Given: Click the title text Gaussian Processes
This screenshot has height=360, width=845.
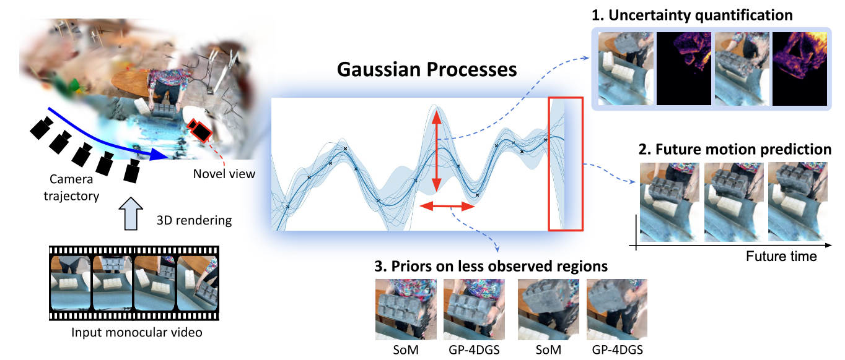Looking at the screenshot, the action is click(427, 70).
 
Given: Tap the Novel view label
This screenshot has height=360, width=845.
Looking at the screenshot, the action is click(224, 174).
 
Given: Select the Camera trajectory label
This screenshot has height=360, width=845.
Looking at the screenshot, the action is click(71, 187).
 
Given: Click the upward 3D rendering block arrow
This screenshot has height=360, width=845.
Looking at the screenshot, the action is click(131, 213).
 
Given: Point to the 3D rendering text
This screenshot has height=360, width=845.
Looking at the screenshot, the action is click(195, 220).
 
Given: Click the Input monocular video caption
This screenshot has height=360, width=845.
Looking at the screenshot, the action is click(136, 333).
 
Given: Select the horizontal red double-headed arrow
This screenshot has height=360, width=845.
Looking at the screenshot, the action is click(447, 206).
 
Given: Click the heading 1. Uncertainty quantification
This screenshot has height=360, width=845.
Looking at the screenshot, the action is click(692, 15).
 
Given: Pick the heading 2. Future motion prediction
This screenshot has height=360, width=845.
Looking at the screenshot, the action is click(735, 150).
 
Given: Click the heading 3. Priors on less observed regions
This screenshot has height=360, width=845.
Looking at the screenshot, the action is click(491, 266).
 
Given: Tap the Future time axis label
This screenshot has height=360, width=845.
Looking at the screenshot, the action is click(781, 257).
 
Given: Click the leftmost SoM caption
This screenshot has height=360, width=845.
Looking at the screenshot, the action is click(406, 350).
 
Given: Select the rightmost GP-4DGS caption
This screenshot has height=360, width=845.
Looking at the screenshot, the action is click(617, 350).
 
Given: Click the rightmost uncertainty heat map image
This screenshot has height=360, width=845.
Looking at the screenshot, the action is click(800, 69).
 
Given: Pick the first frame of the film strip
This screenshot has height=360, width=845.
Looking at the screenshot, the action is click(70, 283).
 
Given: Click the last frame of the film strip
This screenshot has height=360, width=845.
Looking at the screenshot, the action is click(197, 283).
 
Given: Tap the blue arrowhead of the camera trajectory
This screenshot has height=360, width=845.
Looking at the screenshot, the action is click(159, 154).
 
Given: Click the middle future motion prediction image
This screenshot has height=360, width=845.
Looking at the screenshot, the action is click(733, 202).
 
